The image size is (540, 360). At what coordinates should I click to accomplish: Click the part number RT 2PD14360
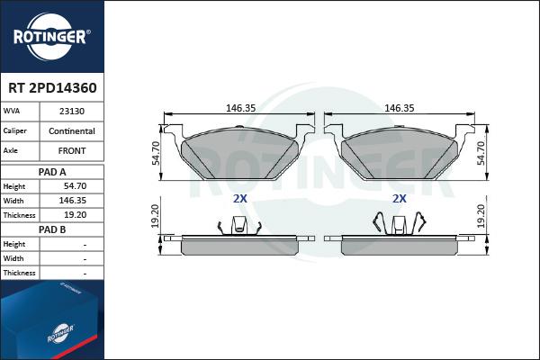pyautogui.click(x=52, y=88)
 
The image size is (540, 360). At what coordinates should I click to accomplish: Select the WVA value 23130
pyautogui.click(x=72, y=112)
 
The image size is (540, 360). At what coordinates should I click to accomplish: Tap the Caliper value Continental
pyautogui.click(x=72, y=130)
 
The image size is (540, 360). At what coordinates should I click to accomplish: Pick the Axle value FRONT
pyautogui.click(x=72, y=150)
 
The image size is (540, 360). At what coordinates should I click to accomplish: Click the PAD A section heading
pyautogui.click(x=52, y=172)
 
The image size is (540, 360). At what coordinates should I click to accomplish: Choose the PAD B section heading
pyautogui.click(x=52, y=229)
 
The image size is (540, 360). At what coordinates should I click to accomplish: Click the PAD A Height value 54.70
pyautogui.click(x=75, y=186)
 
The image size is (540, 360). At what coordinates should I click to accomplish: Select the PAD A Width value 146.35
pyautogui.click(x=73, y=201)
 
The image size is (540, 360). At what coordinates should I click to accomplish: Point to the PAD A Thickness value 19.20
pyautogui.click(x=75, y=215)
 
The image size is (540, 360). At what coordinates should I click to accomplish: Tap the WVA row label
pyautogui.click(x=12, y=111)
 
